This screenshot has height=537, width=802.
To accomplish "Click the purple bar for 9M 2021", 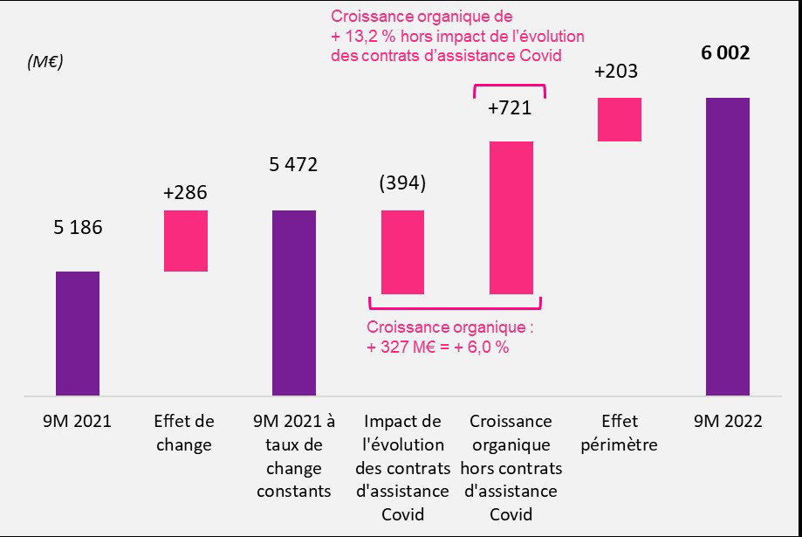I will click(78, 334).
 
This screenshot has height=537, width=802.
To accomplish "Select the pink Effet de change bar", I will click(186, 241).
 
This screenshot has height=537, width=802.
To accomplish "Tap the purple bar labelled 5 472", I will click(294, 303).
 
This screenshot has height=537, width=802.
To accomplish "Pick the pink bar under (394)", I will click(402, 251).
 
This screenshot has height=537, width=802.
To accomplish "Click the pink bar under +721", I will click(511, 217).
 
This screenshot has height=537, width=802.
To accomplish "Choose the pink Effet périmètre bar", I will click(619, 119).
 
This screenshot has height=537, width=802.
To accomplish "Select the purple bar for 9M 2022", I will click(727, 246).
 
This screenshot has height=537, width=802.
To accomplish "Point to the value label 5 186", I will click(78, 229).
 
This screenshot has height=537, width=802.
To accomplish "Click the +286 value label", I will click(186, 192).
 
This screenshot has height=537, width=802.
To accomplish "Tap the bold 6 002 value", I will click(726, 54).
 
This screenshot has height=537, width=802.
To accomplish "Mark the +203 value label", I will click(616, 72).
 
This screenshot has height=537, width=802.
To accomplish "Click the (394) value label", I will click(402, 183).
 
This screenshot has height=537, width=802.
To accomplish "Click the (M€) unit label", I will click(45, 62).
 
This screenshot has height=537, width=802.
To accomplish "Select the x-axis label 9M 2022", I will click(727, 421).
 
